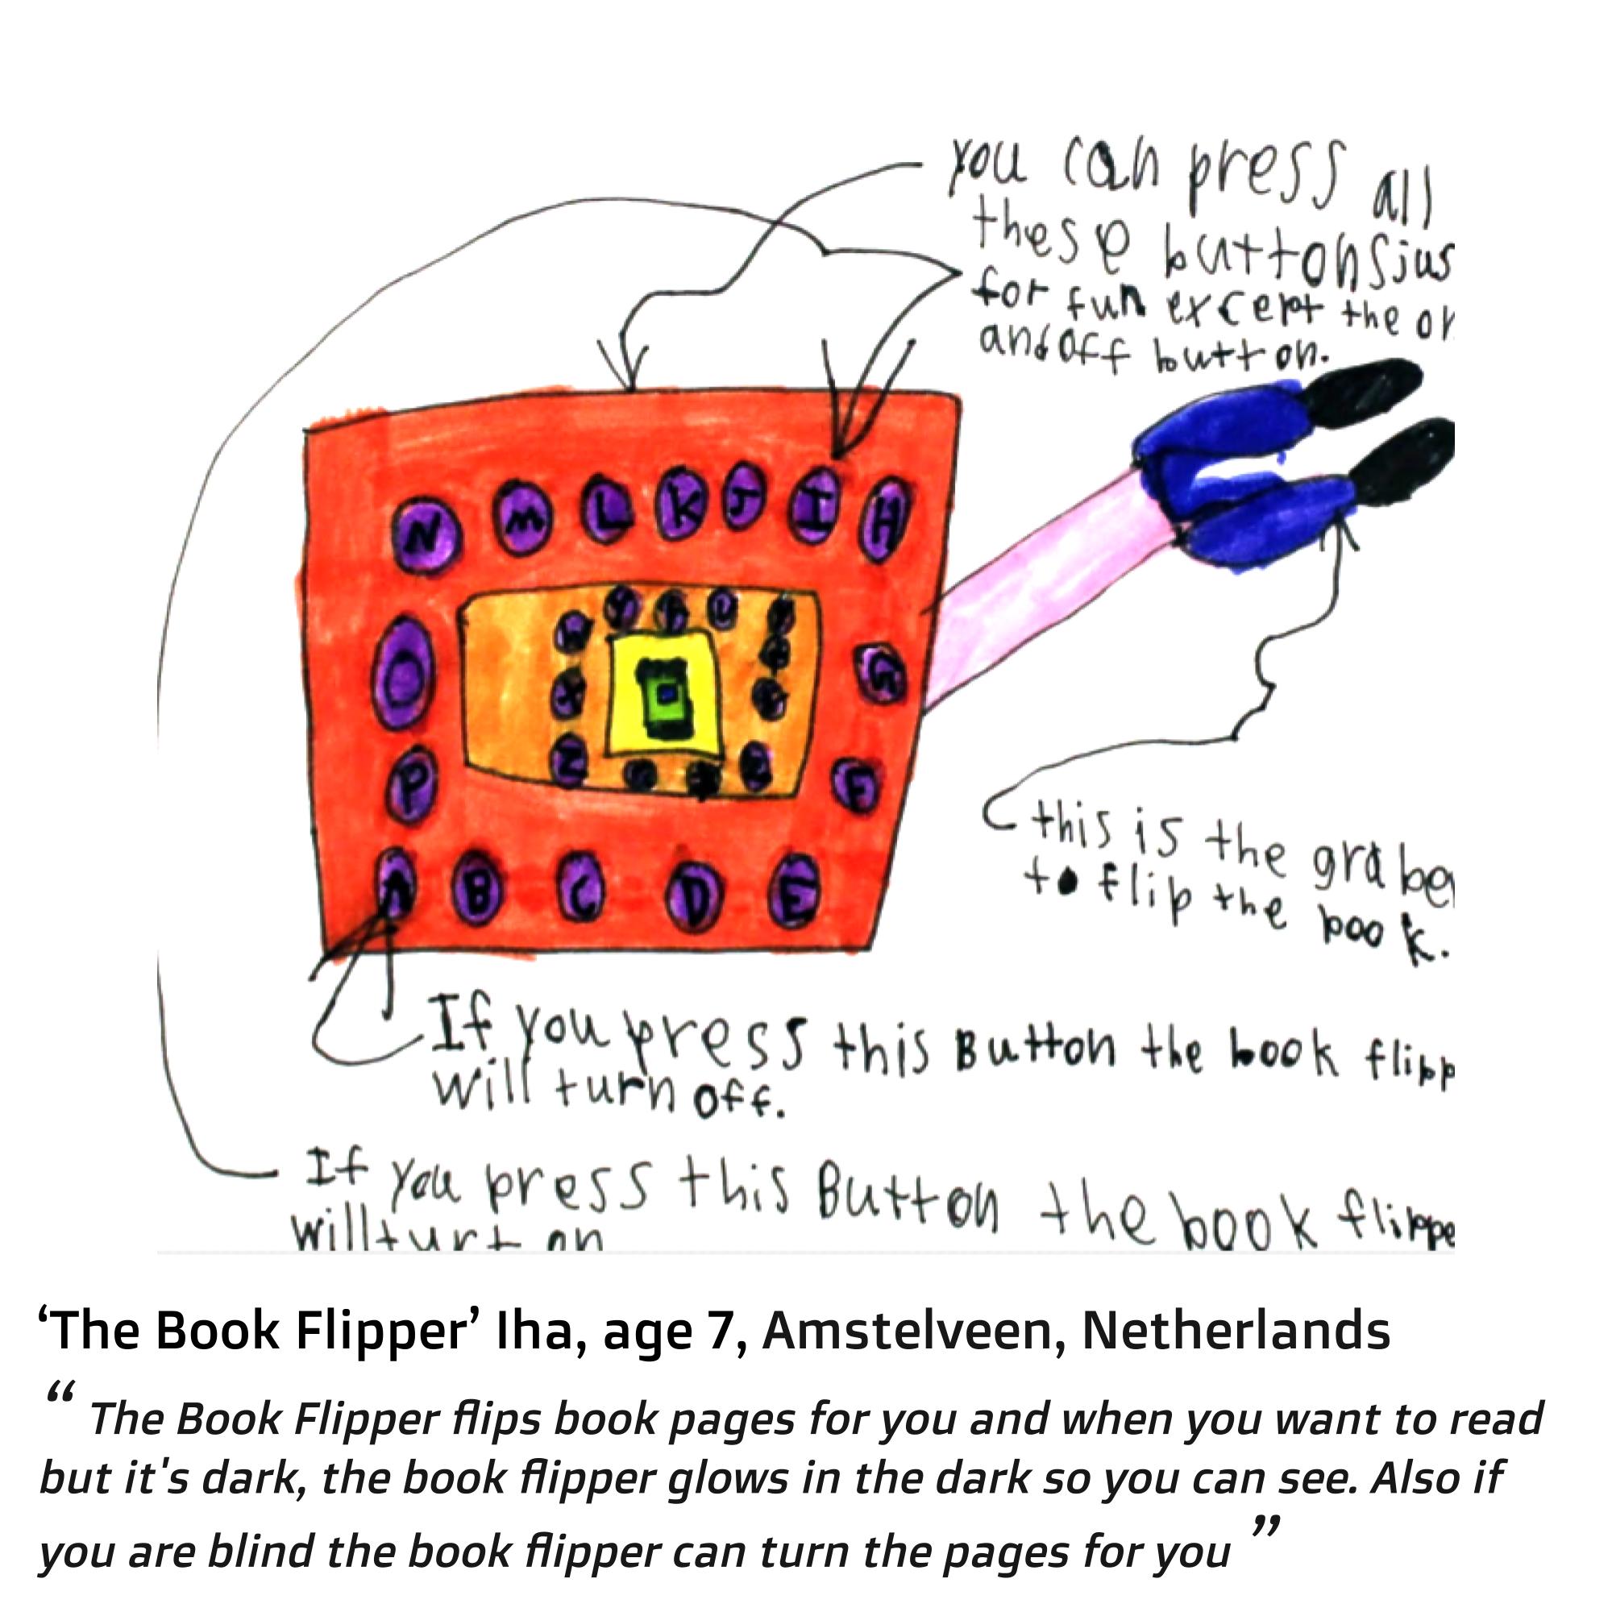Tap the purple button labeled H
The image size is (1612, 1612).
click(887, 519)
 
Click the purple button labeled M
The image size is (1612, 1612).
click(523, 523)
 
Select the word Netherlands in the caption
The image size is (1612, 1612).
click(1235, 1331)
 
